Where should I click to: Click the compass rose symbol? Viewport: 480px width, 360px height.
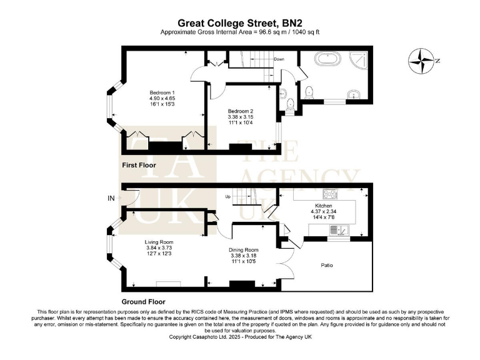(421, 62)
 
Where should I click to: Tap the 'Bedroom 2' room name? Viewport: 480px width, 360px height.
(241, 111)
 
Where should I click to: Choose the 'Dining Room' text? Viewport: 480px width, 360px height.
(243, 249)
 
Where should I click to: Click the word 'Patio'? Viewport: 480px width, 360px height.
(327, 266)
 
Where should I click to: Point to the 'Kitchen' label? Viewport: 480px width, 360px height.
(323, 206)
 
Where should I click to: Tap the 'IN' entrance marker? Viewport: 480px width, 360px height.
(112, 199)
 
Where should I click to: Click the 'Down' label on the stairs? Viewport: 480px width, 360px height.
(279, 59)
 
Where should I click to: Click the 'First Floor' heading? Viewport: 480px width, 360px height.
(138, 165)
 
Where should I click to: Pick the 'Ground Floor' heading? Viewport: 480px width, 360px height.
(143, 301)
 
